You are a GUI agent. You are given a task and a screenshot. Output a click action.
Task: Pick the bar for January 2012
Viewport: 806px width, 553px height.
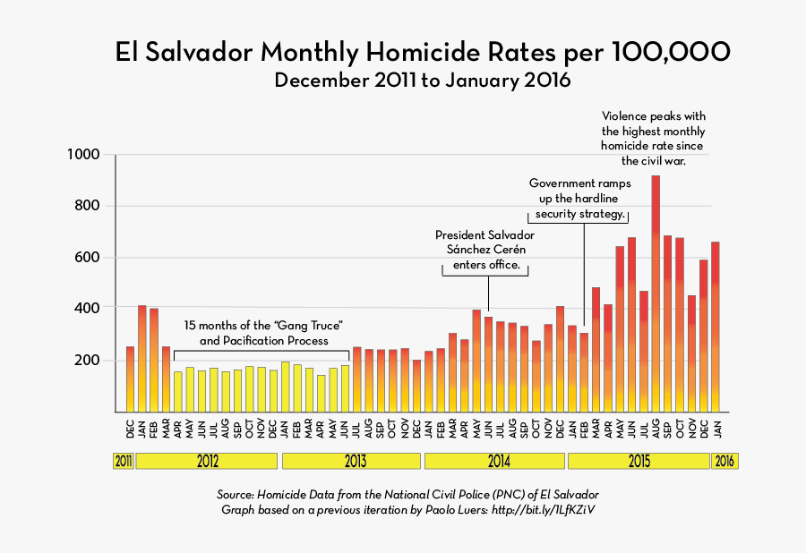pyautogui.click(x=141, y=358)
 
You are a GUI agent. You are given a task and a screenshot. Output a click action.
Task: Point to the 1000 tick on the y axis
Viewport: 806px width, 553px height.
pyautogui.click(x=85, y=155)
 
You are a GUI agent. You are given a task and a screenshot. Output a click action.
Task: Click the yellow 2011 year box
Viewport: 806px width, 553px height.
pyautogui.click(x=123, y=462)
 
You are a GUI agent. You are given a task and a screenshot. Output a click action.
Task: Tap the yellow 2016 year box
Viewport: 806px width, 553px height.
pyautogui.click(x=725, y=462)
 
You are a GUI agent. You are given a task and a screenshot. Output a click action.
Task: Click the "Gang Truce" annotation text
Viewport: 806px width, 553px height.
pyautogui.click(x=264, y=332)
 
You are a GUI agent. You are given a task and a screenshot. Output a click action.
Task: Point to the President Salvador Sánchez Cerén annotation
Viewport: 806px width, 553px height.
pyautogui.click(x=484, y=250)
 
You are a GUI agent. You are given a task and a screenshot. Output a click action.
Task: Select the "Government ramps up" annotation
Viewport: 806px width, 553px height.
pyautogui.click(x=579, y=199)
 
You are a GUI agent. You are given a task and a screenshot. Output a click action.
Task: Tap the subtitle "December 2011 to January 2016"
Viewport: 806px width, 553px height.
pyautogui.click(x=423, y=81)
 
